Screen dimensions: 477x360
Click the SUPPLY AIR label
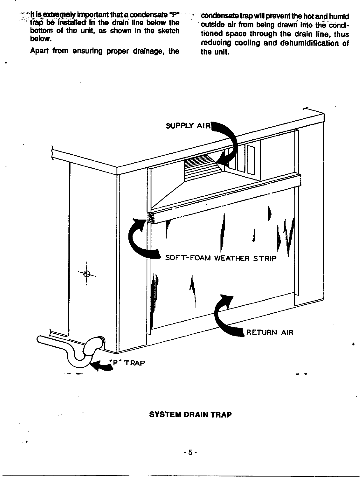188,126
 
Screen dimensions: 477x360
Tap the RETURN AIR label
270,332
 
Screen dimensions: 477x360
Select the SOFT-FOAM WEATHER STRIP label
220,258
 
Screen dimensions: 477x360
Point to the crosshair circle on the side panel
87,274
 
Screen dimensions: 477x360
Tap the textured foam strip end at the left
151,217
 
